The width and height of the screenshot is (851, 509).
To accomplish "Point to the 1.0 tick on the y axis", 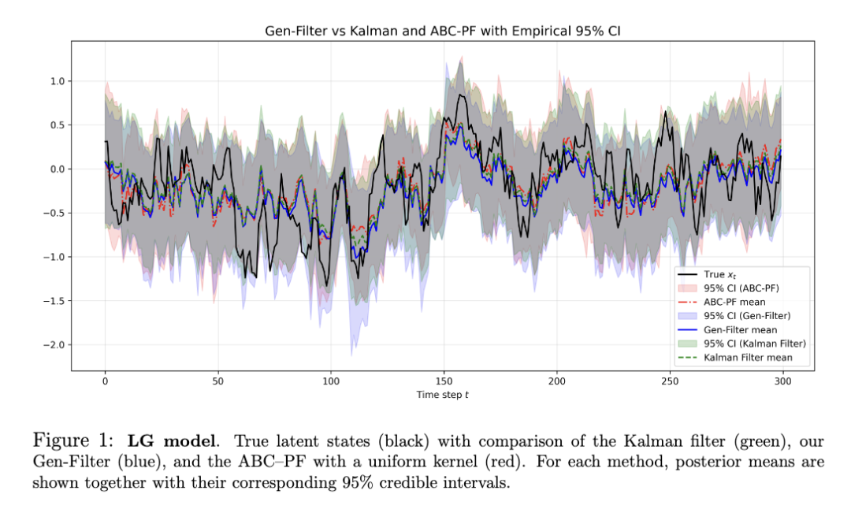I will pos(57,81).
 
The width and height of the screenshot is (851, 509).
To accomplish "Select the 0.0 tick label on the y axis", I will pos(57,169).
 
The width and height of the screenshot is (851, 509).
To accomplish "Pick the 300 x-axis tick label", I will pos(782,381).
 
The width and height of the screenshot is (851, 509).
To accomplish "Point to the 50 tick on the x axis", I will pos(217,381).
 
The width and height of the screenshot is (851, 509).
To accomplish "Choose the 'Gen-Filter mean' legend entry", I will pos(740,330).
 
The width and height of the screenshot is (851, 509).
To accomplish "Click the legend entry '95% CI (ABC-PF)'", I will pos(741,288).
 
